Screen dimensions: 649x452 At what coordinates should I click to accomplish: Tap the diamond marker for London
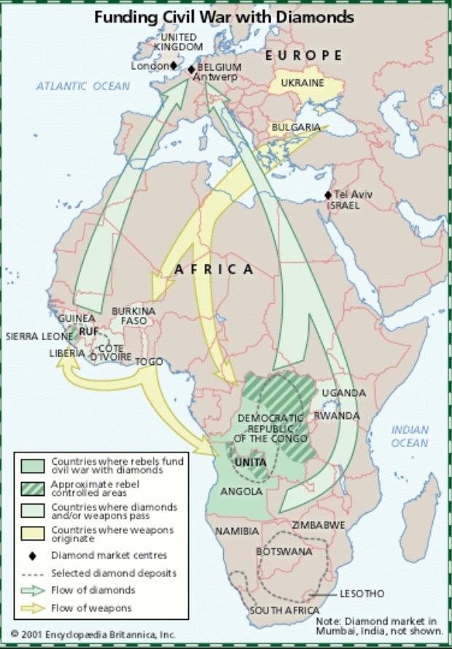coord(174,66)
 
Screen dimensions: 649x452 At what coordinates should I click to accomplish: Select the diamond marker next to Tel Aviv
coord(328,194)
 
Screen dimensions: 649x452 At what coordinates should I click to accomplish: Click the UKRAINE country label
coord(303,83)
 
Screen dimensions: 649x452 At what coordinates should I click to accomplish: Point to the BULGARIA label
coord(296,127)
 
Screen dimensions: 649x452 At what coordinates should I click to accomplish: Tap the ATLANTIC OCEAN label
coord(83,86)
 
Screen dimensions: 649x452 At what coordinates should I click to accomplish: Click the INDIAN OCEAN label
coord(410,436)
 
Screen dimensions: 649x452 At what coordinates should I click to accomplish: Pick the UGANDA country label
coord(343,393)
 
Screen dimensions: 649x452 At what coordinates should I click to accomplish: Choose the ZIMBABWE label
coord(318,525)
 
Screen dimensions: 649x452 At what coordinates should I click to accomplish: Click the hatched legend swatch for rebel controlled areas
coord(32,489)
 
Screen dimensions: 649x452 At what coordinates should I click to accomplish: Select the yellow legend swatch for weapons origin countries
coord(32,534)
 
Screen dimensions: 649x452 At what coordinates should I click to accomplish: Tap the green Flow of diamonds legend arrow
coord(32,590)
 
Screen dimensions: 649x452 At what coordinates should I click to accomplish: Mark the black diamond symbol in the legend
coord(32,556)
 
